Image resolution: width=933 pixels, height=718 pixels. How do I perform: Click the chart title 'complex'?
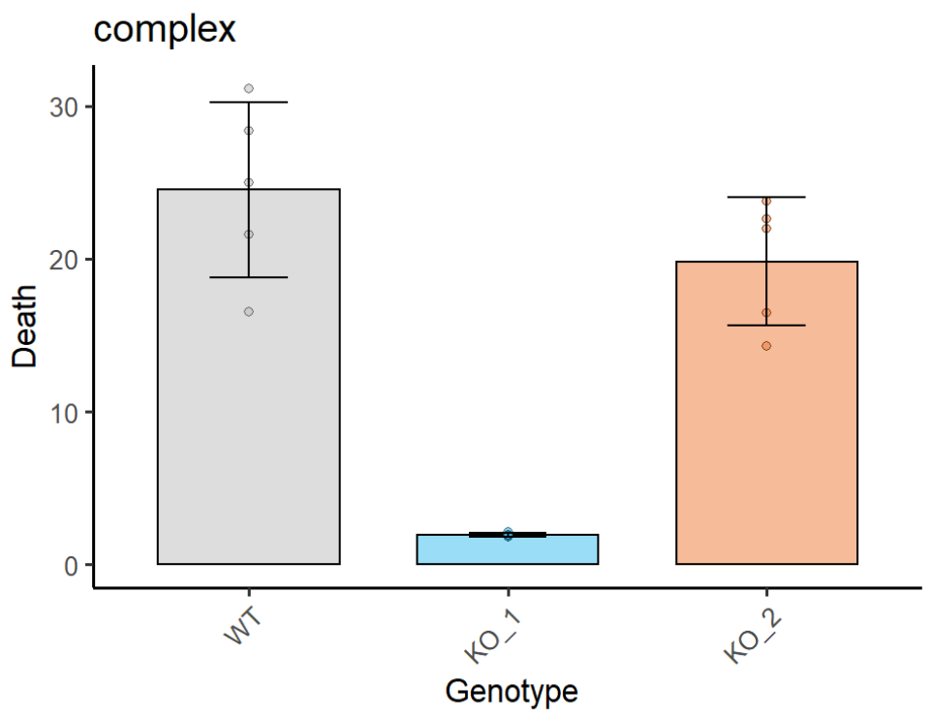pyautogui.click(x=165, y=30)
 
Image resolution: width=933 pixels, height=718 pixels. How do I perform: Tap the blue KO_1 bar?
pyautogui.click(x=507, y=550)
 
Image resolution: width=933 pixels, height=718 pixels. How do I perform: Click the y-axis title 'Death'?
pyautogui.click(x=25, y=325)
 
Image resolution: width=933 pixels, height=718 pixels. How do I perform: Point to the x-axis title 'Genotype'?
pyautogui.click(x=512, y=692)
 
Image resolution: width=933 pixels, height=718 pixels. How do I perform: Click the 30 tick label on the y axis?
pyautogui.click(x=64, y=107)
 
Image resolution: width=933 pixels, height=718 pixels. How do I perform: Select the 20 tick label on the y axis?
pyautogui.click(x=64, y=260)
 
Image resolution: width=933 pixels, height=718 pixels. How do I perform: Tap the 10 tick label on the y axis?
pyautogui.click(x=64, y=413)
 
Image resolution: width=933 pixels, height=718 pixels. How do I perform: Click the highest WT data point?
pyautogui.click(x=249, y=88)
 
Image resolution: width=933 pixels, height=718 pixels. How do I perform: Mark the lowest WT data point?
pyautogui.click(x=249, y=311)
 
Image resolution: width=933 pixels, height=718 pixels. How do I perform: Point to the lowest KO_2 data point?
pyautogui.click(x=766, y=346)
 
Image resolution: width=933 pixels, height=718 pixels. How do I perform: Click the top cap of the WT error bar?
pyautogui.click(x=249, y=102)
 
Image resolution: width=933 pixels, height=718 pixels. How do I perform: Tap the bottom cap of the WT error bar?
pyautogui.click(x=249, y=277)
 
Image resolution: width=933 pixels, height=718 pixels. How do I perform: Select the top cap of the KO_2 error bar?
pyautogui.click(x=766, y=197)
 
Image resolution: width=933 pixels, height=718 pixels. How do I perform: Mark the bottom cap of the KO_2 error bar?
pyautogui.click(x=766, y=326)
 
